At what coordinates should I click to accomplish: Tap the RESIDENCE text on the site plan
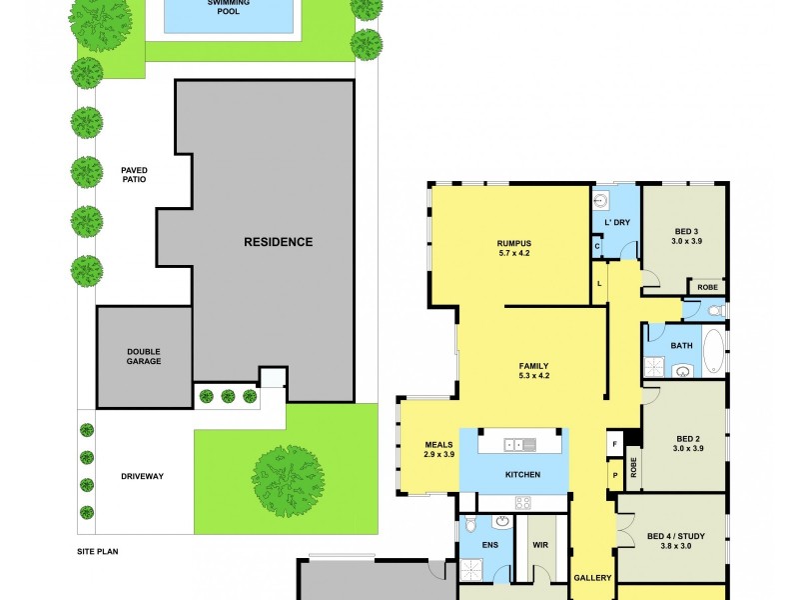pyautogui.click(x=279, y=242)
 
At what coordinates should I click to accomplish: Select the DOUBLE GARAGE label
pyautogui.click(x=144, y=356)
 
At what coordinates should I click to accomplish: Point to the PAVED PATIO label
pyautogui.click(x=134, y=175)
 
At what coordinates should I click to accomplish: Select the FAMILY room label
pyautogui.click(x=534, y=365)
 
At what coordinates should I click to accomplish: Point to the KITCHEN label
pyautogui.click(x=522, y=474)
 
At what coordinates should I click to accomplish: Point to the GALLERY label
pyautogui.click(x=592, y=578)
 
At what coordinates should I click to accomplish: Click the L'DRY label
pyautogui.click(x=616, y=222)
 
